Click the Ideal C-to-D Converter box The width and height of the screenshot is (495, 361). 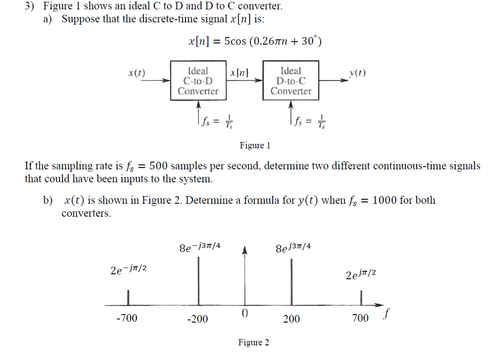[198, 81]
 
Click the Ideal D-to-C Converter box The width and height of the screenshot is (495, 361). [291, 81]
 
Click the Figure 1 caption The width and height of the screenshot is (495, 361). [255, 146]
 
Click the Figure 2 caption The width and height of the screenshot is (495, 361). [254, 343]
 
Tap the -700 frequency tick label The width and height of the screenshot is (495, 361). [127, 318]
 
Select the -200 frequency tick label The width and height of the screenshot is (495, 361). [198, 319]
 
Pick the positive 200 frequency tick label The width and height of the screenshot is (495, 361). [292, 319]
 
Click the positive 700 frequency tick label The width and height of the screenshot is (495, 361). [360, 318]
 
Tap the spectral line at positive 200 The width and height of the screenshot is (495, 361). [291, 281]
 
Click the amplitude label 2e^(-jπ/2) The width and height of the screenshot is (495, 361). [129, 269]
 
